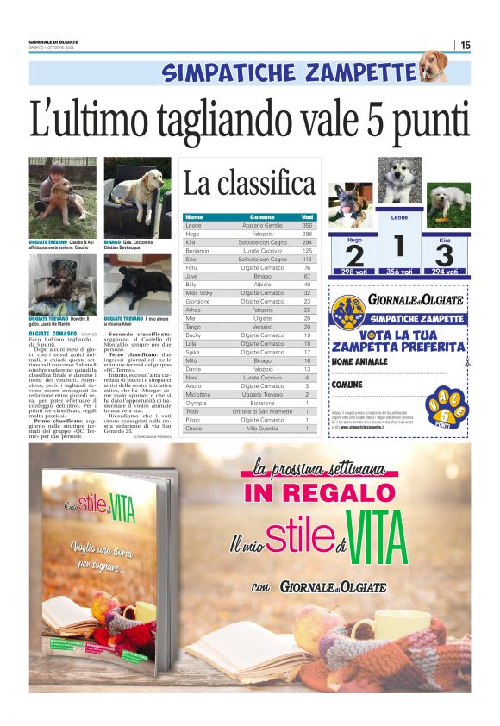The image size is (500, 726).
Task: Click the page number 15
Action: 466,45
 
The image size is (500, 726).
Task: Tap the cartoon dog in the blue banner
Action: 433,66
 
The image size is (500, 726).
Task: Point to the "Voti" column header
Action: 307,216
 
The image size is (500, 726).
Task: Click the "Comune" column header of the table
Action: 262,216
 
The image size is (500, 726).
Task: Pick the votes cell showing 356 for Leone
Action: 307,225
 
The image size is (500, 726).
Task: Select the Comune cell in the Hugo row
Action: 262,234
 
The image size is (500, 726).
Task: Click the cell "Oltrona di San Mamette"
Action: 262,411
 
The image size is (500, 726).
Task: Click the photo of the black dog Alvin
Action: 137,285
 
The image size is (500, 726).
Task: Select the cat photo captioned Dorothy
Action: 62,285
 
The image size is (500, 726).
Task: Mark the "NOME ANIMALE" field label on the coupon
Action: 360,362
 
